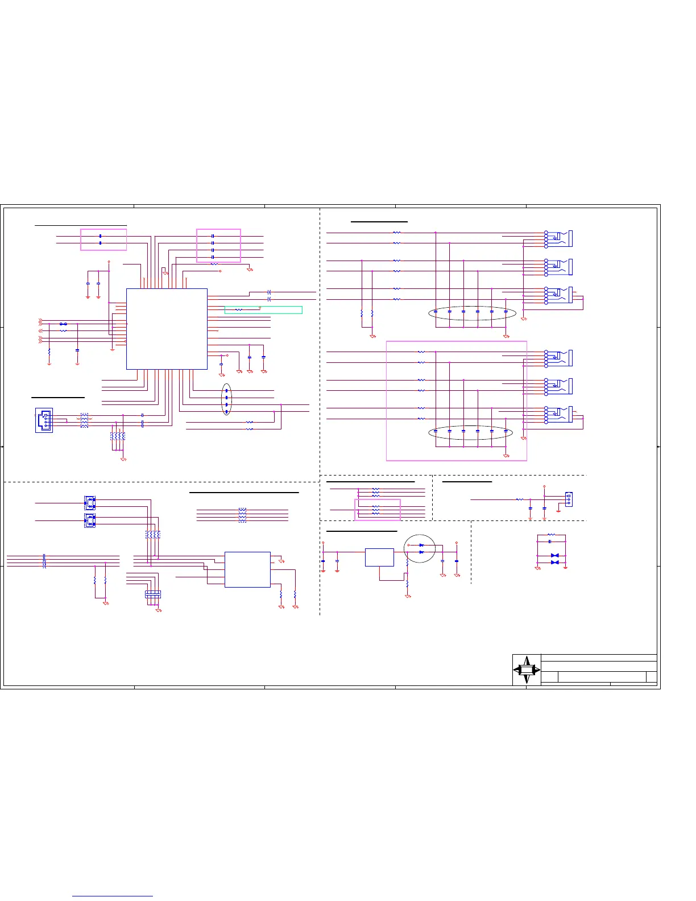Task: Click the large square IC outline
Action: click(167, 329)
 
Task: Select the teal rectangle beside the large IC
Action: click(263, 310)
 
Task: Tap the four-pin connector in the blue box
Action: click(44, 420)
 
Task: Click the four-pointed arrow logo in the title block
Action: click(527, 670)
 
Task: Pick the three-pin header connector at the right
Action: click(569, 499)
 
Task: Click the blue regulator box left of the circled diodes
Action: click(379, 557)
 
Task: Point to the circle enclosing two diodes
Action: click(420, 549)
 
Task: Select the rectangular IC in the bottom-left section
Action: click(247, 569)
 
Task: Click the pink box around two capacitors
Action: click(103, 239)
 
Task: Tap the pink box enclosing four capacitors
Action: click(218, 246)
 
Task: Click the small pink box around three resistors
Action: click(378, 510)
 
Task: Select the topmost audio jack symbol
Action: click(559, 239)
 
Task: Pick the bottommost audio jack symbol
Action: click(559, 415)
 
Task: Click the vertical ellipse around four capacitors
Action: click(226, 399)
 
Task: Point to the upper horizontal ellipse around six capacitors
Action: click(472, 312)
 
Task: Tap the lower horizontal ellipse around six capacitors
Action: click(470, 432)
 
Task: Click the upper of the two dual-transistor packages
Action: click(90, 503)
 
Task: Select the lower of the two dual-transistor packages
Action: click(90, 520)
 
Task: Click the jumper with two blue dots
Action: click(63, 324)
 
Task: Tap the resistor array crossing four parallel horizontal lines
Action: click(242, 515)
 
